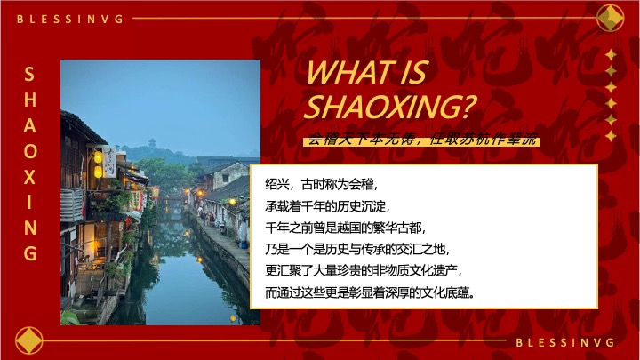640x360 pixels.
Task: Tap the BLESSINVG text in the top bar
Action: tap(70, 18)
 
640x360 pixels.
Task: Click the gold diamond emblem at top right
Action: tap(610, 18)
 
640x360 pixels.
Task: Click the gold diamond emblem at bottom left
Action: tap(30, 341)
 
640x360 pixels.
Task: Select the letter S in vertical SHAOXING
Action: tap(30, 74)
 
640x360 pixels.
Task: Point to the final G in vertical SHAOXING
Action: tap(30, 253)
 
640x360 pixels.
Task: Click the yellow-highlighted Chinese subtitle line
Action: tap(421, 140)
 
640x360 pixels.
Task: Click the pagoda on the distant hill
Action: tap(152, 142)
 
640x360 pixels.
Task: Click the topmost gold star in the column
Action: tap(611, 55)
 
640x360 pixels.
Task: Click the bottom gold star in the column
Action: tap(611, 136)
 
